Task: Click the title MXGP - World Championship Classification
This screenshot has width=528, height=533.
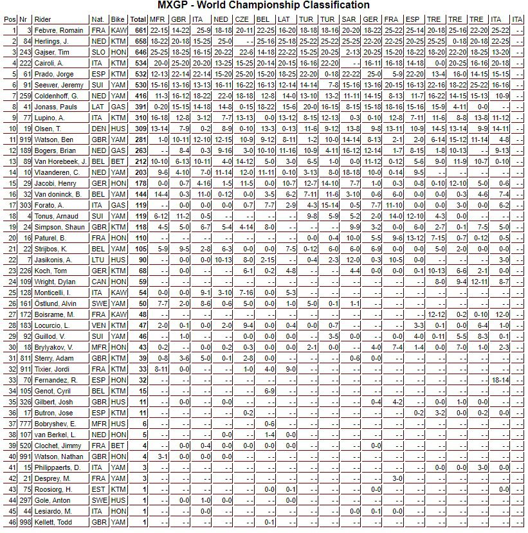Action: point(264,6)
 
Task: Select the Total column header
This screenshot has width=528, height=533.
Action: point(138,19)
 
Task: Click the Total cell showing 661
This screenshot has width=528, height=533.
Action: point(138,30)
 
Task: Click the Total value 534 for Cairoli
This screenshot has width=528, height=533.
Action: point(138,63)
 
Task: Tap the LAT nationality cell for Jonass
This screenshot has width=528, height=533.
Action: point(98,107)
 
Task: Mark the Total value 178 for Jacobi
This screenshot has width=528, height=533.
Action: point(138,183)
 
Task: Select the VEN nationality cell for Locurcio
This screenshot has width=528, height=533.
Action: point(98,325)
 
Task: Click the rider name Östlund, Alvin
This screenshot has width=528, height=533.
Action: point(57,303)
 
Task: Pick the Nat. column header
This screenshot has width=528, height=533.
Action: point(98,19)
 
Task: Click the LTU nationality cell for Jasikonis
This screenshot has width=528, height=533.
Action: point(98,260)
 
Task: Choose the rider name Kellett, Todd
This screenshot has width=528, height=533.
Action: point(53,522)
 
